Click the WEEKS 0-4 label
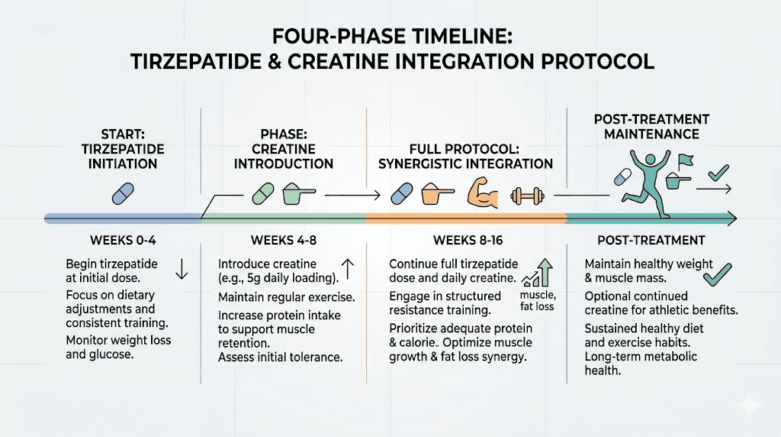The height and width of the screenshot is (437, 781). click(121, 240)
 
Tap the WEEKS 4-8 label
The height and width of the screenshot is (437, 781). click(283, 240)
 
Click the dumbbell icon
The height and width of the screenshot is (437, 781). click(525, 196)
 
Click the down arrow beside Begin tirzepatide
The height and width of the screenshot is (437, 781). click(181, 270)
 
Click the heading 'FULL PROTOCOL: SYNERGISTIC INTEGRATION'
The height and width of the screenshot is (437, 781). click(466, 156)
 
